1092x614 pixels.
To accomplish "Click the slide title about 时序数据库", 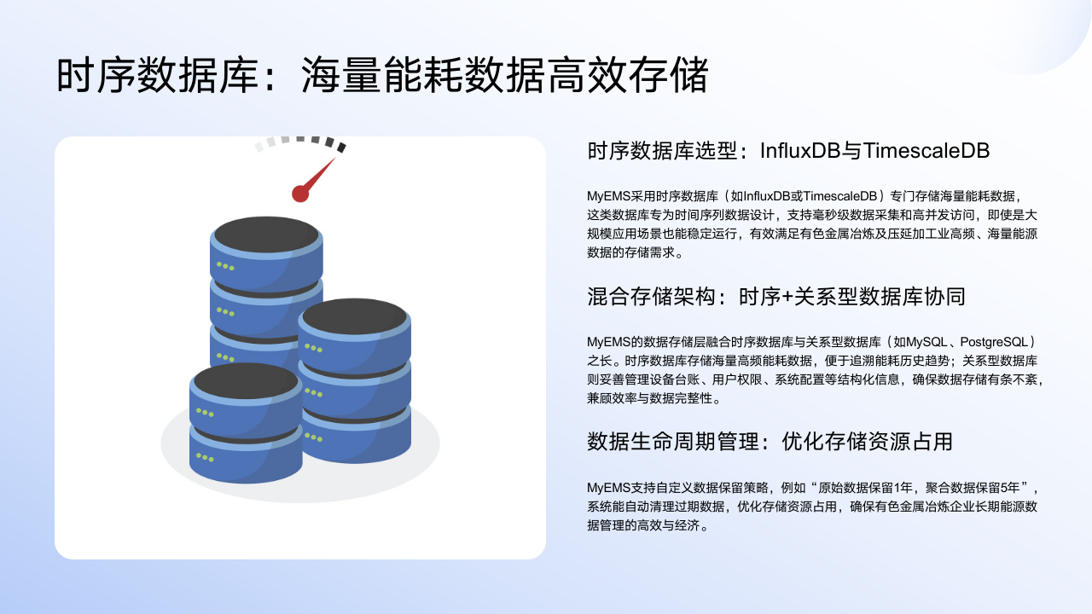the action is point(382,75).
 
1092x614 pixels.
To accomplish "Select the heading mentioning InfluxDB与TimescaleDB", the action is point(788,151).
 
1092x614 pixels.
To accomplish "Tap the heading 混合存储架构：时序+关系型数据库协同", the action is point(776,297).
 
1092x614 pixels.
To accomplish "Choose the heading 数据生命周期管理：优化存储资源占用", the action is point(770,442).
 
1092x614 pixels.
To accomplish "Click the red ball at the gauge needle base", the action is point(300,194).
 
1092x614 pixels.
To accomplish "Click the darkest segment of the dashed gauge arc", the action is point(341,148).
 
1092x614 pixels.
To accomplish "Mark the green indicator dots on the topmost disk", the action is point(225,266).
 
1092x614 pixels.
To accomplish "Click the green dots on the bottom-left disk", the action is point(205,458).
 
